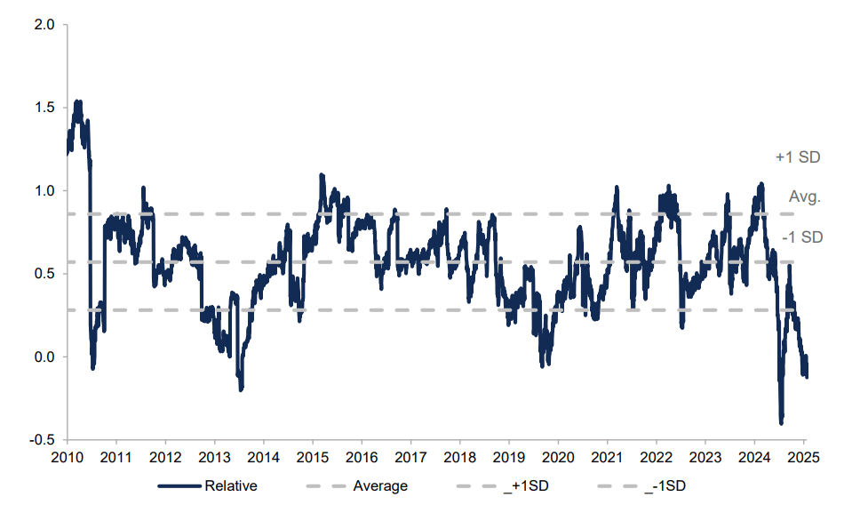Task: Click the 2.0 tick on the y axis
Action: (x=44, y=25)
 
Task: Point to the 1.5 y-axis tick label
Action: (x=44, y=108)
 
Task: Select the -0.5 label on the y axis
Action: (x=43, y=440)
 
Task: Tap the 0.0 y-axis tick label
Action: (x=44, y=357)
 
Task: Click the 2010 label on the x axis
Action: (x=67, y=458)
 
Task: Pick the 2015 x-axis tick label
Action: (x=312, y=458)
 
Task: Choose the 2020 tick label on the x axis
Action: (x=557, y=458)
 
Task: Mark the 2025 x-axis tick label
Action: (x=803, y=458)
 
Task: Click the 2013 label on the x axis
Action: (x=214, y=458)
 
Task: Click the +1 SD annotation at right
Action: (x=797, y=157)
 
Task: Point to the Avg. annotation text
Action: (x=805, y=197)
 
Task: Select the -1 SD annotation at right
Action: (x=802, y=237)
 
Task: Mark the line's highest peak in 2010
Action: (x=78, y=101)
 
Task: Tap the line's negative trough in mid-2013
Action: (x=240, y=389)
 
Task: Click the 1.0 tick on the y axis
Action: (x=44, y=190)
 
